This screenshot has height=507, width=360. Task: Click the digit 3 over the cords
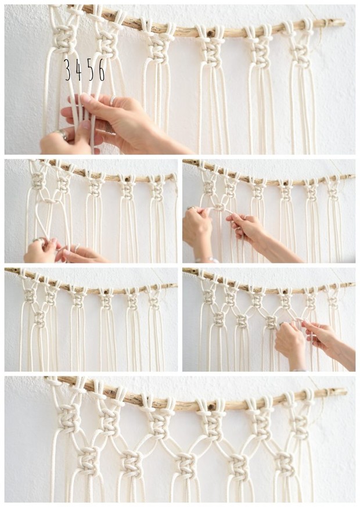pyautogui.click(x=67, y=70)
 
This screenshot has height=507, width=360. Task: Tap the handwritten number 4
pyautogui.click(x=78, y=70)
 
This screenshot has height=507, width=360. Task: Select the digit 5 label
pyautogui.click(x=90, y=70)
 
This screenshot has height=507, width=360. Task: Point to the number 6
pyautogui.click(x=102, y=70)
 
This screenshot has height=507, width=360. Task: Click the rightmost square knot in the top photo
pyautogui.click(x=300, y=53)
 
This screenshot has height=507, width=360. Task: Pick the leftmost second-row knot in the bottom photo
pyautogui.click(x=88, y=460)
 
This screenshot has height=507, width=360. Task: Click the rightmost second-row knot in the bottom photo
pyautogui.click(x=285, y=463)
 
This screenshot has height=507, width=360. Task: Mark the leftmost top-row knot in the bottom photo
pyautogui.click(x=69, y=417)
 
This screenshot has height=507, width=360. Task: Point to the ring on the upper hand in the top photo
pyautogui.click(x=112, y=101)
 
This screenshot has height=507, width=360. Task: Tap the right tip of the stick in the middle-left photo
pyautogui.click(x=175, y=174)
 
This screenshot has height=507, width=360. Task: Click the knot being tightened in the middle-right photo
pyautogui.click(x=219, y=207)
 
